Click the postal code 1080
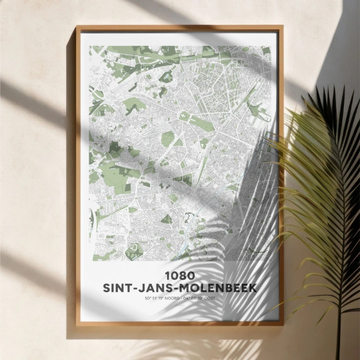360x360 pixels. pos(179,275)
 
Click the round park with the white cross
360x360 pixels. pos(184,116)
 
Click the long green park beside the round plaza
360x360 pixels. pos(201,124)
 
